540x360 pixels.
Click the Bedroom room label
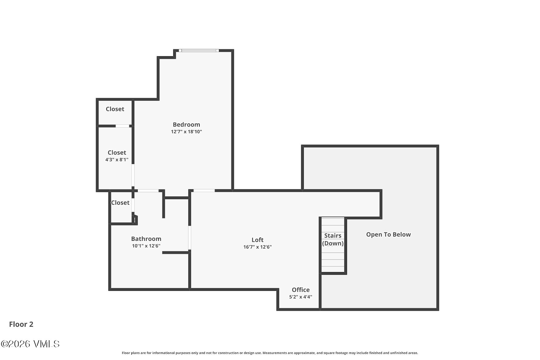point(186,125)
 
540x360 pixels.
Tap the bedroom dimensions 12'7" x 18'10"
point(186,132)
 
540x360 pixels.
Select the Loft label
point(257,240)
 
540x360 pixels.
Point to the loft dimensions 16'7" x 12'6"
point(257,247)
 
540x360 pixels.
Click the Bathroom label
point(146,239)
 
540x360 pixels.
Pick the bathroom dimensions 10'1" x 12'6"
point(146,246)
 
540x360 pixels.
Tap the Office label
point(301,290)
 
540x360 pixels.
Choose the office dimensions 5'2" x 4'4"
point(301,297)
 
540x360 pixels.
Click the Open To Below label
point(388,235)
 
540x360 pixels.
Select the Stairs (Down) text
point(333,240)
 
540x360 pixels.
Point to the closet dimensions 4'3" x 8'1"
point(117,160)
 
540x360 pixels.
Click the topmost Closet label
point(115,109)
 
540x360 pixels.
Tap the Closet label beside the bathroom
point(120,203)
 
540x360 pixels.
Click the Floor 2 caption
point(21,324)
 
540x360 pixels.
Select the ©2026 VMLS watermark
point(30,344)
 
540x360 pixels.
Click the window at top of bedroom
point(199,50)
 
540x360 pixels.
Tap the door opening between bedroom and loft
point(204,190)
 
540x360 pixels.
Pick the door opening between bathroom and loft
point(190,238)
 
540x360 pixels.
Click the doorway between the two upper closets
point(122,126)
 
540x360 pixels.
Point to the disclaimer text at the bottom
point(270,353)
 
